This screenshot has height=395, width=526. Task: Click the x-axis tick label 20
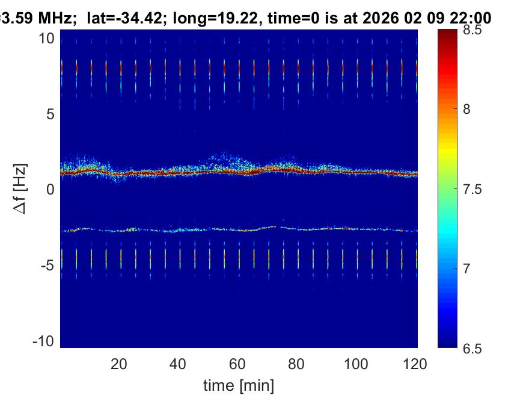[x=119, y=364]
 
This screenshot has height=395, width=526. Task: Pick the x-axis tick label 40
[x=179, y=364]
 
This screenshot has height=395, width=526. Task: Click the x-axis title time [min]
[x=239, y=384]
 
